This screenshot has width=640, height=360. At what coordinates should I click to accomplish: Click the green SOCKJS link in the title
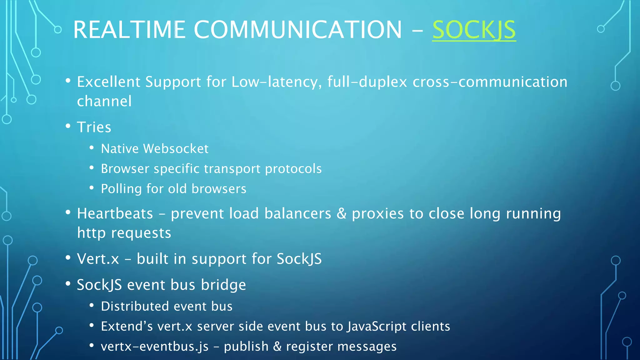(x=474, y=30)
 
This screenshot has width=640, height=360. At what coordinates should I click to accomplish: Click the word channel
(x=104, y=101)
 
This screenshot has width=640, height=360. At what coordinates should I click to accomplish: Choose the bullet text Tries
(x=94, y=127)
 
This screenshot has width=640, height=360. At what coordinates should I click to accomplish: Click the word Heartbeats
(x=115, y=214)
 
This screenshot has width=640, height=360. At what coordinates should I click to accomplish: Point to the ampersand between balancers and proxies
(x=341, y=214)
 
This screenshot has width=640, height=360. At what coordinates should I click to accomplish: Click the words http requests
(x=124, y=233)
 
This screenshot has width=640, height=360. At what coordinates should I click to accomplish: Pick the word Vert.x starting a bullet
(x=98, y=259)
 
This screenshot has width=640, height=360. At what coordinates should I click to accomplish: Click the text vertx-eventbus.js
(x=155, y=347)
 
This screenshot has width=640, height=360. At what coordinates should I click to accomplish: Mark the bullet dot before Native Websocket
(x=92, y=148)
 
